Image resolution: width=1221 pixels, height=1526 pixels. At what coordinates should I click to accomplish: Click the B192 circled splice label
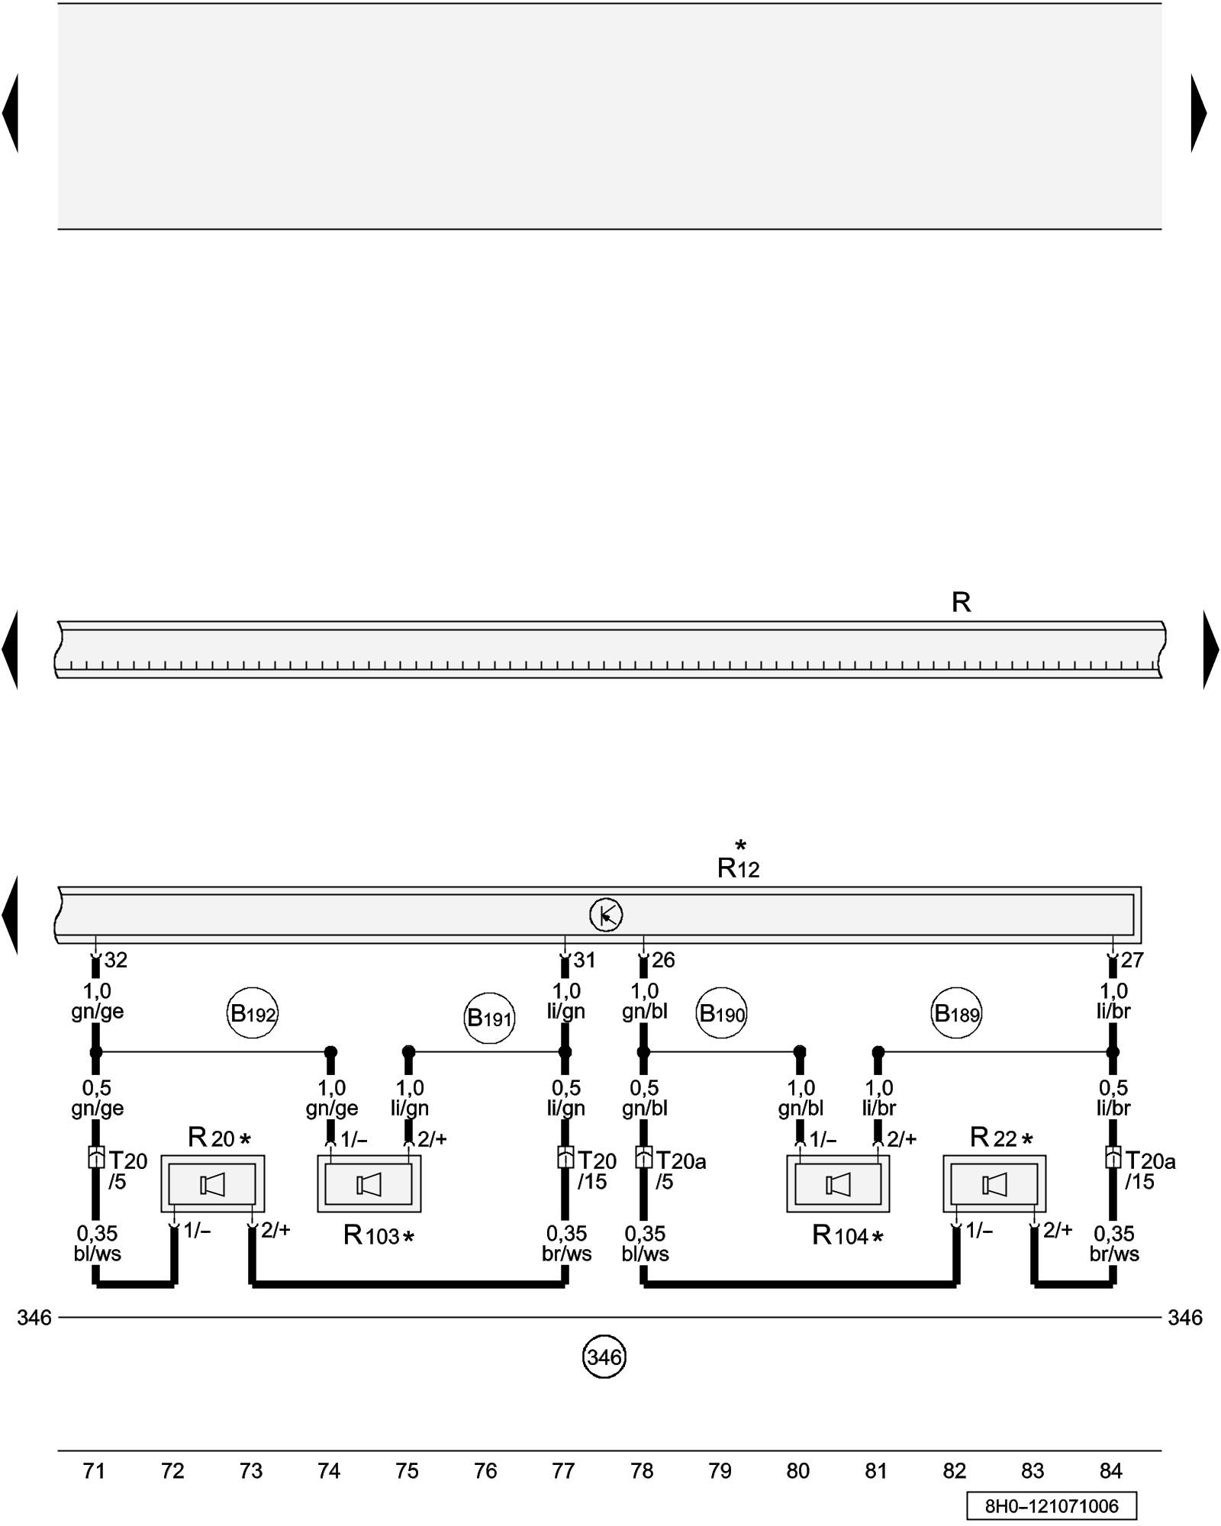[253, 1014]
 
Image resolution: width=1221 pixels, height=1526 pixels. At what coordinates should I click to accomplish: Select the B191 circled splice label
[489, 1018]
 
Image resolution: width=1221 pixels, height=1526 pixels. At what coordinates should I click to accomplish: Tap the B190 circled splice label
[722, 1014]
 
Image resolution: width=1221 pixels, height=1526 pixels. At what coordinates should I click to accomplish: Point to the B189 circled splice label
[957, 1014]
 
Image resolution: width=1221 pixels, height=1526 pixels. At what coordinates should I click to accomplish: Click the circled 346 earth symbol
[604, 1357]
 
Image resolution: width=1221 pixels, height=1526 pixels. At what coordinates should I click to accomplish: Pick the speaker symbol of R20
[212, 1185]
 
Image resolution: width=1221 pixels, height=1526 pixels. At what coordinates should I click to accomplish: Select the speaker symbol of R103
[369, 1185]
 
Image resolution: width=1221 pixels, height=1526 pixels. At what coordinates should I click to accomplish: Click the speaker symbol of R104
[838, 1185]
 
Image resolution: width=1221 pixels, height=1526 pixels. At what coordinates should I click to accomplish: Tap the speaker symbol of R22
[994, 1185]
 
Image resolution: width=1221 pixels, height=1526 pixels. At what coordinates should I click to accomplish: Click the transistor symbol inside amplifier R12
[606, 915]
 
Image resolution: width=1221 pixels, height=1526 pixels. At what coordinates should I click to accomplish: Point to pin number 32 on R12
[116, 960]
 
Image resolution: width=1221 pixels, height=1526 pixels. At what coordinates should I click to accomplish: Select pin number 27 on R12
[1132, 960]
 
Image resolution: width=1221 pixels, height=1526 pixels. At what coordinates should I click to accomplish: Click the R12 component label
[738, 868]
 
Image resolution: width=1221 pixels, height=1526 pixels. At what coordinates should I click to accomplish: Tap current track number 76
[485, 1470]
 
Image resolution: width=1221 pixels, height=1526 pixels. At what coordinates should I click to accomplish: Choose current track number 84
[1111, 1470]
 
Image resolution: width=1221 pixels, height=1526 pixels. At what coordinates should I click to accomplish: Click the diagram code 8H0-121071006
[1052, 1506]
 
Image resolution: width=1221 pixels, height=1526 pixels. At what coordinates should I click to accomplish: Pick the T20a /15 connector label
[1149, 1171]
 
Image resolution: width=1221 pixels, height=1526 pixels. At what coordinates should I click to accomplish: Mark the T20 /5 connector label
[127, 1171]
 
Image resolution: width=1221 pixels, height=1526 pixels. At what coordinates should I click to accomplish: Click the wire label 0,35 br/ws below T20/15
[566, 1244]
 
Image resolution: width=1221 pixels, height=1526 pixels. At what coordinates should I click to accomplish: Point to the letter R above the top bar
[961, 603]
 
